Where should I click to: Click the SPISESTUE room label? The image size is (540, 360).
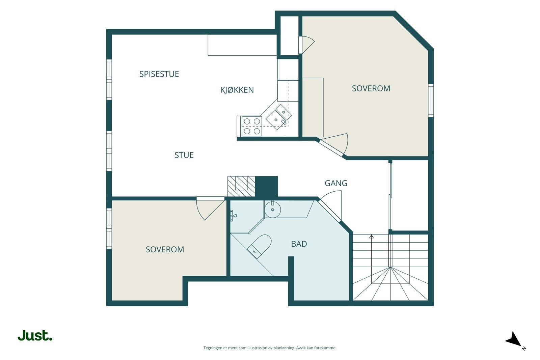(159, 74)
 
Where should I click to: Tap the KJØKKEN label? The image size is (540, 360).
(237, 90)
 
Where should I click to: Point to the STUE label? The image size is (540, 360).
(184, 155)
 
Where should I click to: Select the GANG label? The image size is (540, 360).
(336, 183)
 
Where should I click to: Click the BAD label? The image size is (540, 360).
(299, 244)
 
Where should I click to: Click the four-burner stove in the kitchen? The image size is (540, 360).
(252, 126)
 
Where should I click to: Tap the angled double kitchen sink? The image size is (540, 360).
(279, 117)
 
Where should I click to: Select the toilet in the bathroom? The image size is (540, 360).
(260, 247)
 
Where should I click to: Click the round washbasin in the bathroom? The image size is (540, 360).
(273, 210)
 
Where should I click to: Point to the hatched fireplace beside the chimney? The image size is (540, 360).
(241, 186)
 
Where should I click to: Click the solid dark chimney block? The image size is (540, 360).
(266, 187)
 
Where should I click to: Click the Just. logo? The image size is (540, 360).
(35, 335)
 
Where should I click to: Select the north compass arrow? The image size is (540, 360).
(513, 339)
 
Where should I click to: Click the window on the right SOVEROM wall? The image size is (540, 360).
(431, 101)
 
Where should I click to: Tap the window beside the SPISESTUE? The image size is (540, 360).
(109, 80)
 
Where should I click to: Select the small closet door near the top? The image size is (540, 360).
(306, 45)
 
